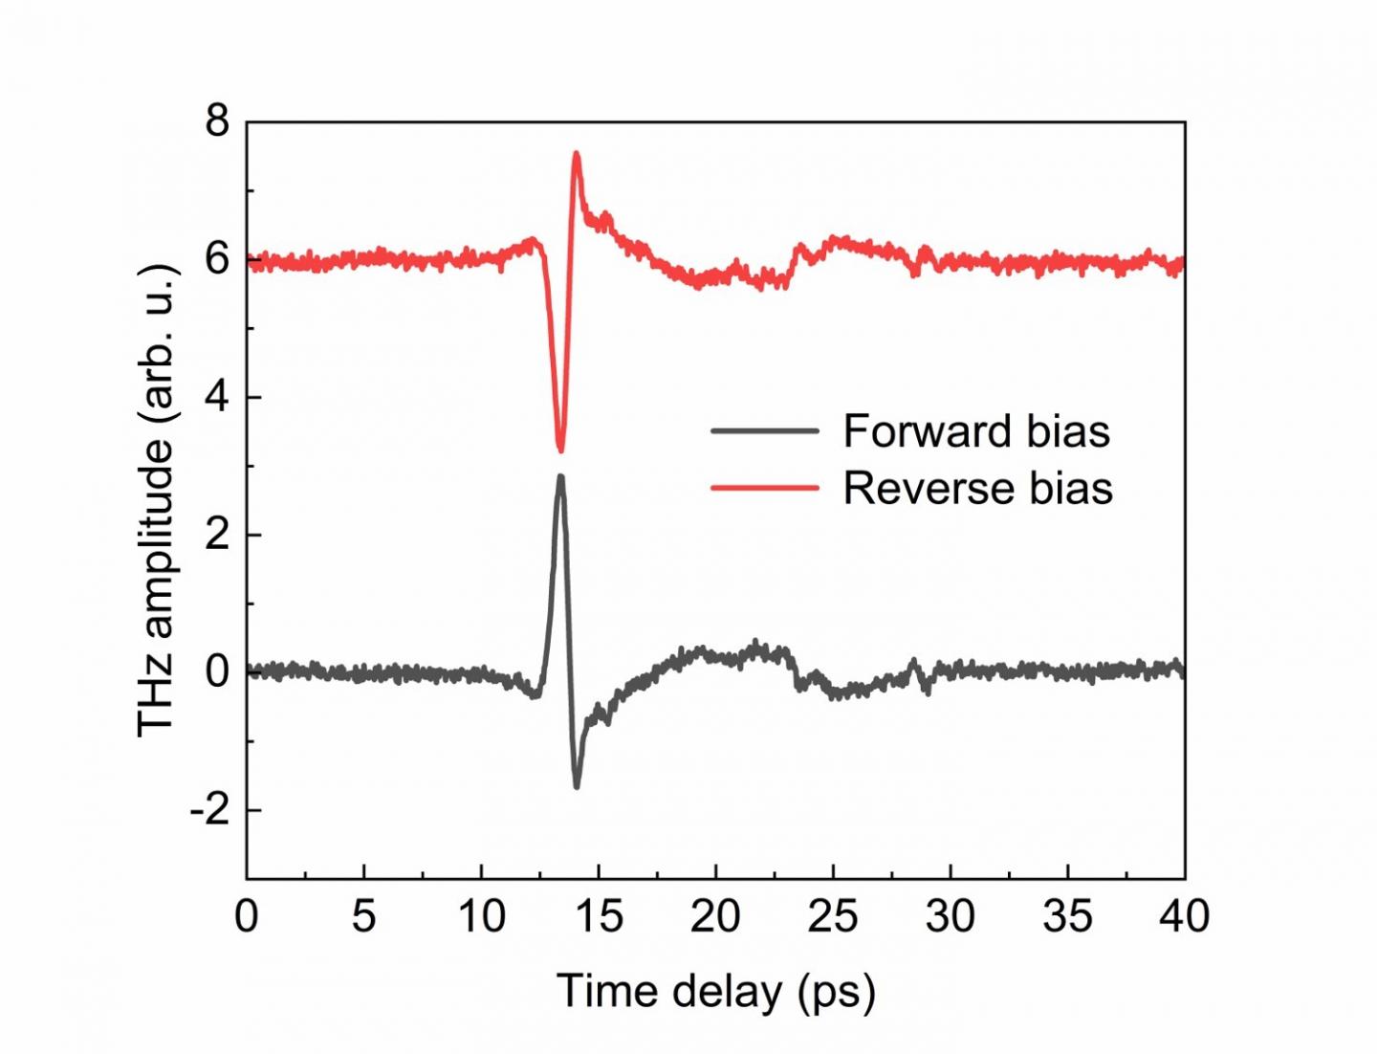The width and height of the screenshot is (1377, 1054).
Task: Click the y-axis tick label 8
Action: point(217,121)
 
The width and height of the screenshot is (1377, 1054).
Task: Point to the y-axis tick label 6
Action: point(217,259)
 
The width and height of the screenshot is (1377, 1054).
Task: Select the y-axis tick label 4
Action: point(217,397)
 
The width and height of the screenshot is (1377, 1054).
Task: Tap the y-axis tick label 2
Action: point(217,535)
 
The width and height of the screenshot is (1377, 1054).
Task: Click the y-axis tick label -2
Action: point(210,810)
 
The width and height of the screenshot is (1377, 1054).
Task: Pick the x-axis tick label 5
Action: point(363,916)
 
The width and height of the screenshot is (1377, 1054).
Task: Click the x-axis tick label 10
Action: point(481,916)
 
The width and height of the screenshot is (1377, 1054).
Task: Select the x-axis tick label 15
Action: point(599,916)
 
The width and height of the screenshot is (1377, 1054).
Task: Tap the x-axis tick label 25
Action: point(833,916)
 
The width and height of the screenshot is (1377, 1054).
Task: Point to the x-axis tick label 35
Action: point(1067,916)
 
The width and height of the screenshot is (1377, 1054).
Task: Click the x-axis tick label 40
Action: point(1184,916)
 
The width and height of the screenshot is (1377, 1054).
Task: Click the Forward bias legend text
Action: point(976,431)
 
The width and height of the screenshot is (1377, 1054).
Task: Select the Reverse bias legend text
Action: point(977,488)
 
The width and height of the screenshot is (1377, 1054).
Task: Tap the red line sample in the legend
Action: point(765,488)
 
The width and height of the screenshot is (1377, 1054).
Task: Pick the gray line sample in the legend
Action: point(765,431)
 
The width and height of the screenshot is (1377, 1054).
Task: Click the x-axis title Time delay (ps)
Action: point(715,991)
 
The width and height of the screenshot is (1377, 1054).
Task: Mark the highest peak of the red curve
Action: point(577,153)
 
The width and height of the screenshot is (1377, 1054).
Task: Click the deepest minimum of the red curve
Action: point(560,450)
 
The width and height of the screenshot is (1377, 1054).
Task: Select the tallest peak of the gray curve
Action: point(560,476)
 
